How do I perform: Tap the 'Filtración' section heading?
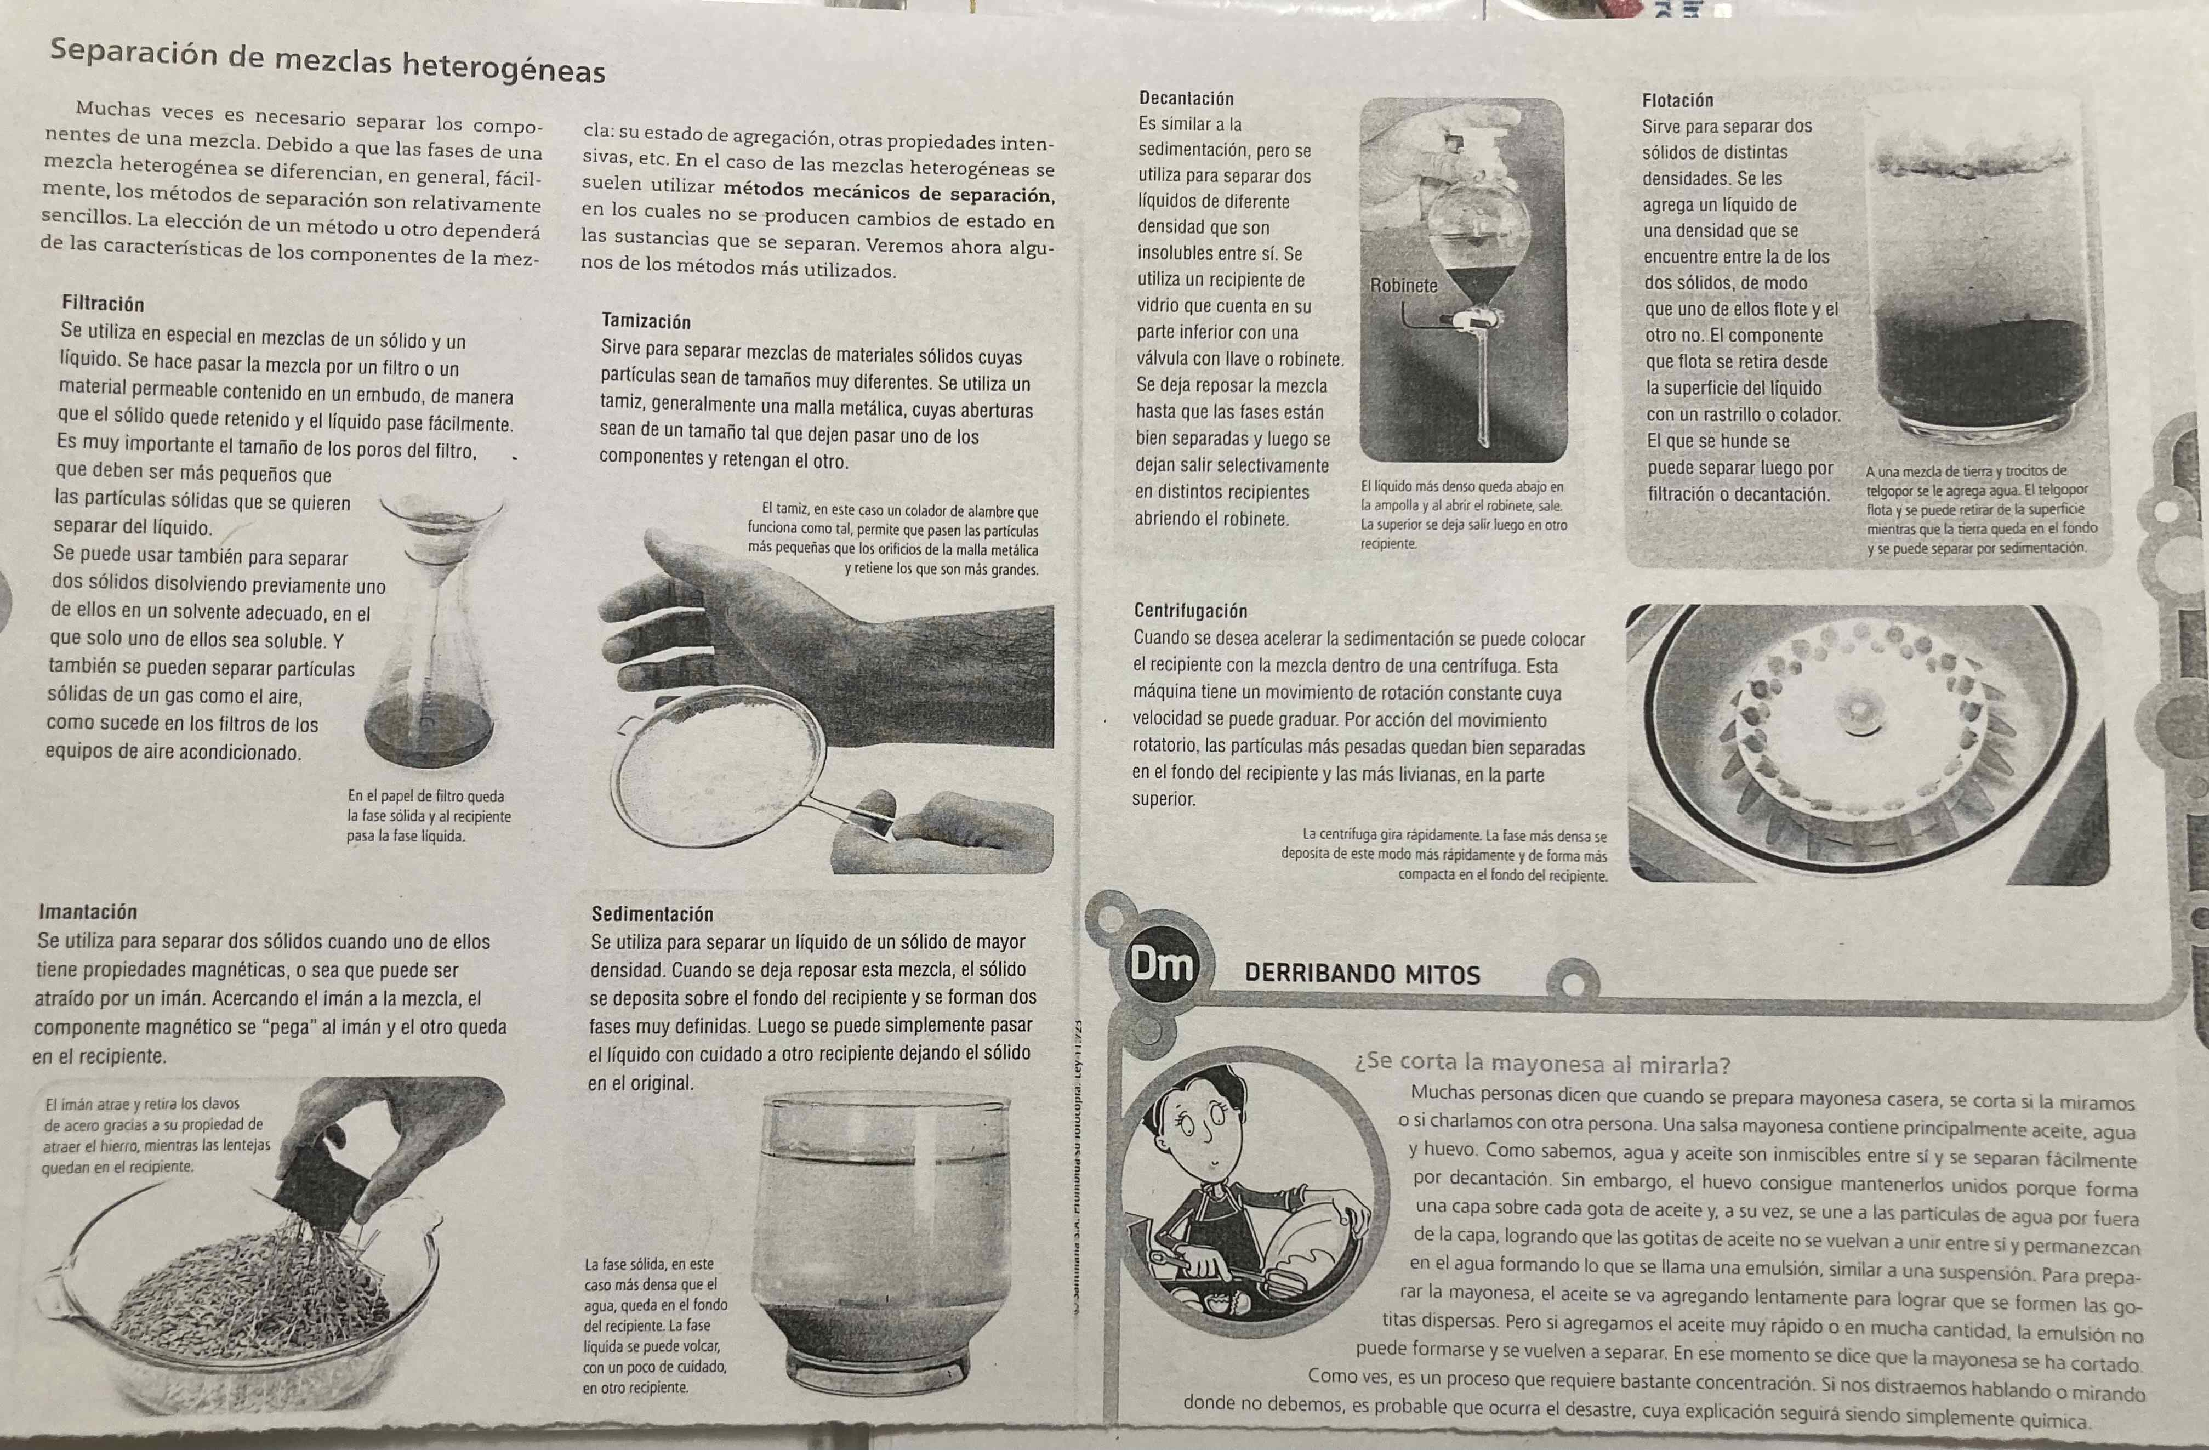(x=103, y=304)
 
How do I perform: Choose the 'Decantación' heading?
(x=1186, y=98)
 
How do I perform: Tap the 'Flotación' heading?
(x=1677, y=100)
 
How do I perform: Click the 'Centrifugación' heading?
(x=1191, y=611)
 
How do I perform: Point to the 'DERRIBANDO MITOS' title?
(x=1362, y=974)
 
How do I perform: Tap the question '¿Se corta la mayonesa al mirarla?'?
(x=1542, y=1063)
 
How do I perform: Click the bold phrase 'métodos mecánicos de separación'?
(x=888, y=193)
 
